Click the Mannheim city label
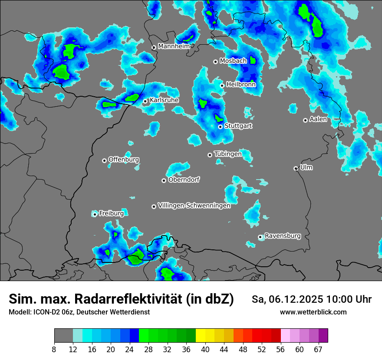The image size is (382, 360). [174, 46]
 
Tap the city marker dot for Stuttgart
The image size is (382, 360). [221, 127]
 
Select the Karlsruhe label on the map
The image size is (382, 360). [164, 100]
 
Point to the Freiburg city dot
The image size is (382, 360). [95, 214]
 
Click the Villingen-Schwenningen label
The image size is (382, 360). [194, 206]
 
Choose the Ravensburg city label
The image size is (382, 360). [283, 236]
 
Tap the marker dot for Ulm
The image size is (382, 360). [296, 168]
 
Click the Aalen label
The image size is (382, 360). [318, 119]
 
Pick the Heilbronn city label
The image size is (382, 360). [241, 85]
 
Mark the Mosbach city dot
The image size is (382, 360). [215, 62]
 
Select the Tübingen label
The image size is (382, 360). [228, 154]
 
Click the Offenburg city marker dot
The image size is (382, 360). [104, 160]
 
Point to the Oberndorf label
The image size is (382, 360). [184, 180]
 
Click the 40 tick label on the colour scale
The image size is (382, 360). [205, 349]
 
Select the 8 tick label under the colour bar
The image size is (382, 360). [54, 349]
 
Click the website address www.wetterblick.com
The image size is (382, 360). [313, 312]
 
